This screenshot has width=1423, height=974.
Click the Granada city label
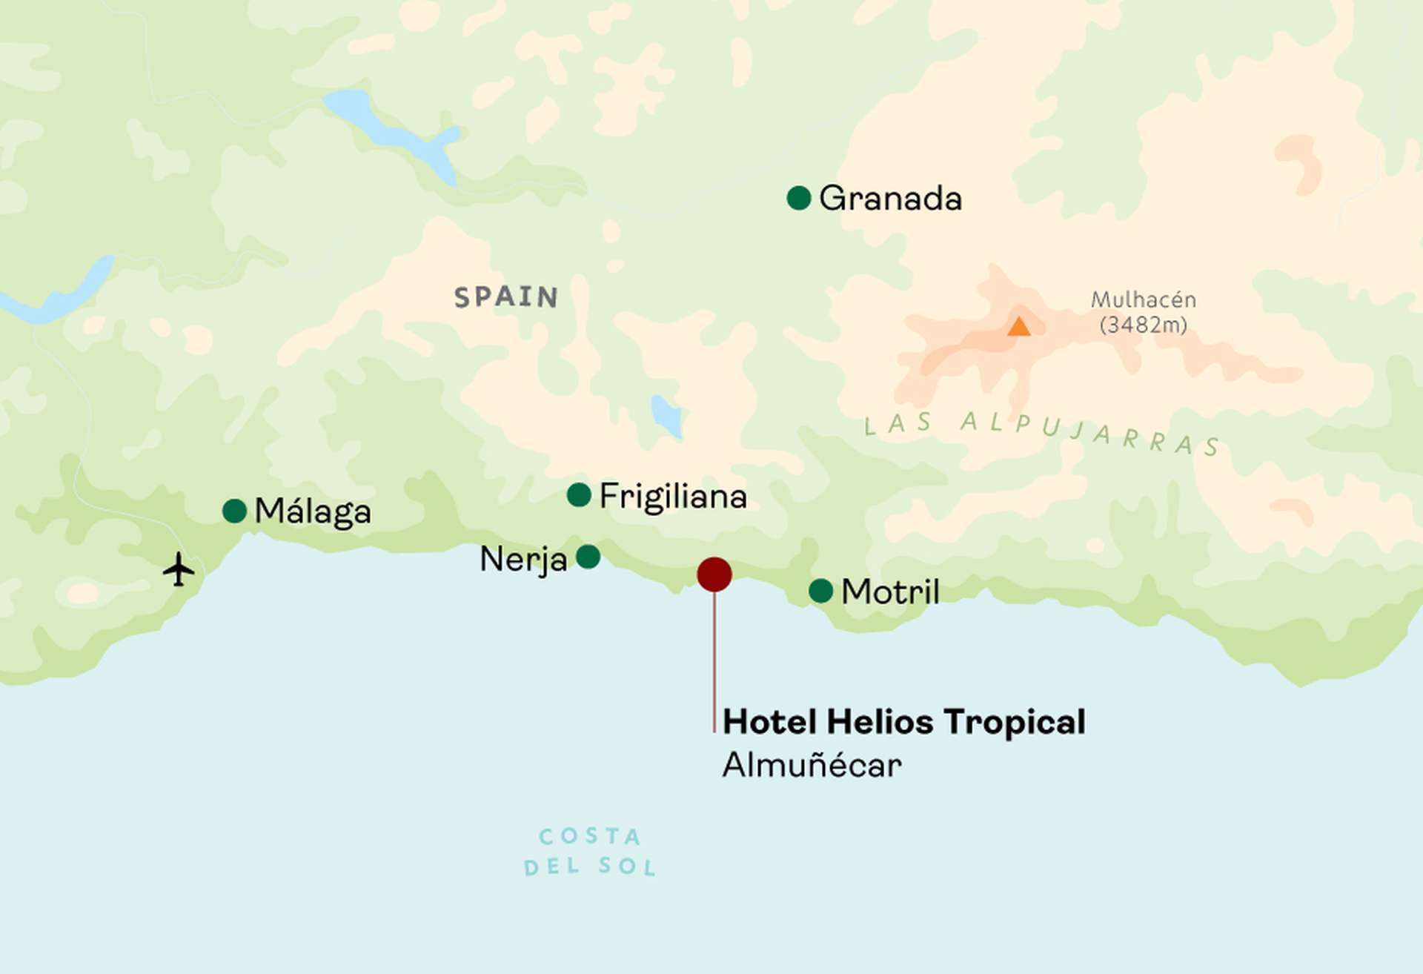click(x=890, y=199)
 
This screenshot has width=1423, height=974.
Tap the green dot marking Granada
click(x=798, y=198)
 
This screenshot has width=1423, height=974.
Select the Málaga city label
click(x=313, y=511)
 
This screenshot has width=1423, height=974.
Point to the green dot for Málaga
click(x=234, y=511)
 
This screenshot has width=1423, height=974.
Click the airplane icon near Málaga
click(x=179, y=569)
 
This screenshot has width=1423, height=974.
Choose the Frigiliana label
click(x=672, y=496)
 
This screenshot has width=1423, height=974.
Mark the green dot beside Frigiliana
click(x=578, y=494)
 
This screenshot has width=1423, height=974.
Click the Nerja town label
click(x=523, y=559)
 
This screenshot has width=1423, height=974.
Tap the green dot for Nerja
click(x=588, y=557)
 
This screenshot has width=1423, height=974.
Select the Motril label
click(x=890, y=592)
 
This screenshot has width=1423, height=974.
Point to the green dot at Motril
click(x=820, y=591)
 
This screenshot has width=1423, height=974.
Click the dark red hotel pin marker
click(x=714, y=574)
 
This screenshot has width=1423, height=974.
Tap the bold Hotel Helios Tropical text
click(x=903, y=721)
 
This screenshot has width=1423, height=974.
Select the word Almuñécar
click(x=812, y=765)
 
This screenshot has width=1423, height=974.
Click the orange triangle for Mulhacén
click(x=1019, y=327)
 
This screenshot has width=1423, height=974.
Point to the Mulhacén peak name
click(x=1143, y=299)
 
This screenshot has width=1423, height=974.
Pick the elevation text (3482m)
click(x=1143, y=325)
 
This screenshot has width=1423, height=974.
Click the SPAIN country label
click(x=506, y=297)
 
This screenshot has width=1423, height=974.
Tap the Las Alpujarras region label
click(x=1041, y=431)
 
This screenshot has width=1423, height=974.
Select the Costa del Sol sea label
click(x=590, y=851)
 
